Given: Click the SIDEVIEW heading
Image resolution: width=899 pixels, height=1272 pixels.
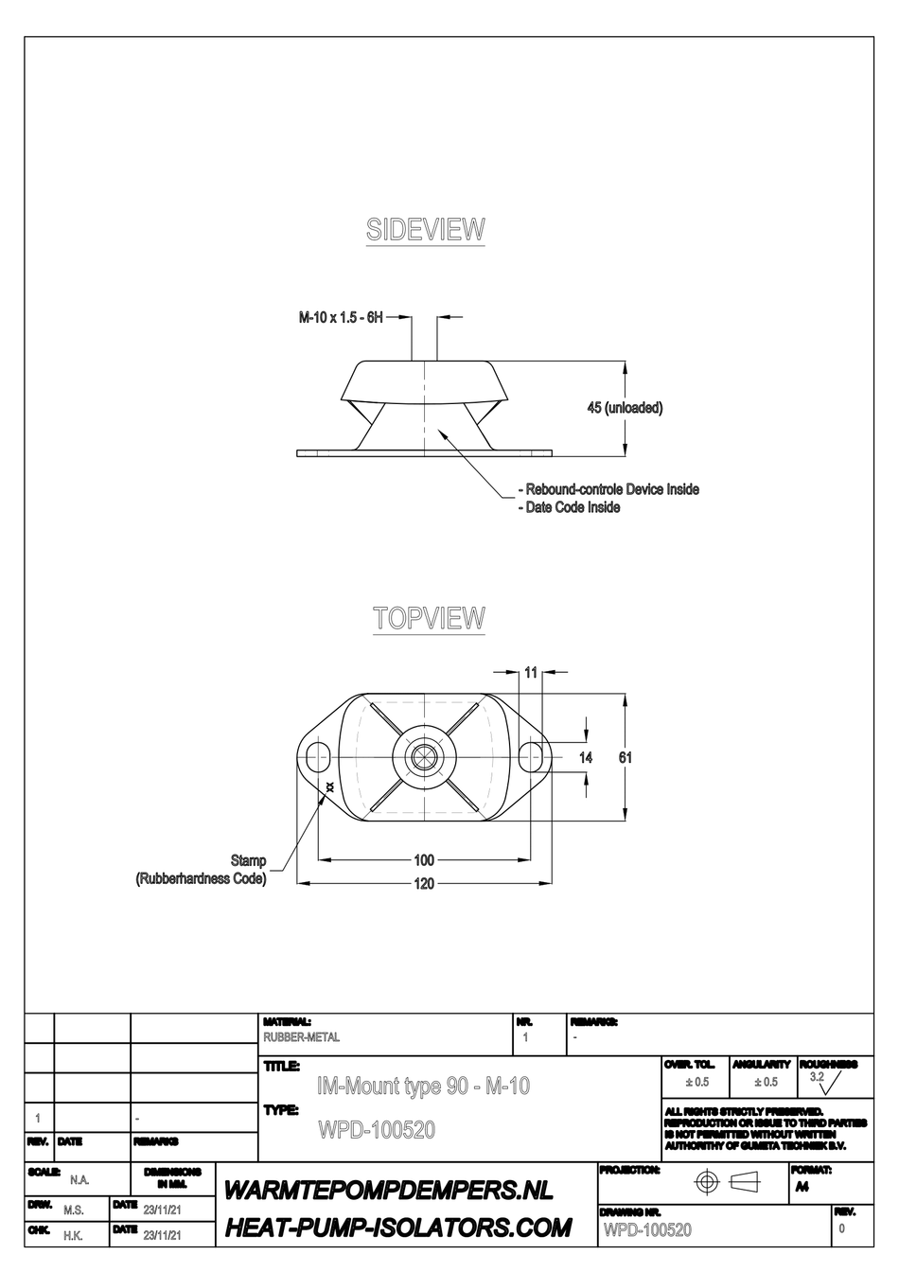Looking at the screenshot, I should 425,230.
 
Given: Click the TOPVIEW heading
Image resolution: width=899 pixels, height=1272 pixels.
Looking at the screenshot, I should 429,619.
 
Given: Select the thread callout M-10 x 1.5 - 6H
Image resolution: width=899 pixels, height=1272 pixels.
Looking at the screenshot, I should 342,318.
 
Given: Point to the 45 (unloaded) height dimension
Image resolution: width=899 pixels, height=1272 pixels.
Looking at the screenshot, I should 625,408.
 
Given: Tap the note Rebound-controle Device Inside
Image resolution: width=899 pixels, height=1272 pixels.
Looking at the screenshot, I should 611,489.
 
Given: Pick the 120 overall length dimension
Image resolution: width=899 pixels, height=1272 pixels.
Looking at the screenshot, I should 424,883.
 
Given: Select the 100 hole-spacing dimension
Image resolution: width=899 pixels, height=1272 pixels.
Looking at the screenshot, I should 424,860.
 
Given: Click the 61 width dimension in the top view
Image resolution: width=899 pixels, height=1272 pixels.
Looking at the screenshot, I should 626,757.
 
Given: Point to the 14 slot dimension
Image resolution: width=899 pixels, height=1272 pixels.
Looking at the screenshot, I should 587,757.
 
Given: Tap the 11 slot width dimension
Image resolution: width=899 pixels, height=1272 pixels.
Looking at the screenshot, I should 531,672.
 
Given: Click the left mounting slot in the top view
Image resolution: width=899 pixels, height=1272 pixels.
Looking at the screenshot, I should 316,757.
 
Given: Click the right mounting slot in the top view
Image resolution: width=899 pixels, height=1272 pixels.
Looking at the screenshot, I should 533,757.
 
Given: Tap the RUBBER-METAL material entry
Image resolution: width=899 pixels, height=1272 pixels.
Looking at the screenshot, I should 301,1037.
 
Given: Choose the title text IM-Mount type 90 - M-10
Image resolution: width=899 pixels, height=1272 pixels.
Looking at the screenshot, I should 423,1086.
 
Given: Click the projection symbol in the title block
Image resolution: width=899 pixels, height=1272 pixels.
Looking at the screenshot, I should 728,1182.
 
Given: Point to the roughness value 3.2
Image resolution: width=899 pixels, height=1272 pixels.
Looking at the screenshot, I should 817,1077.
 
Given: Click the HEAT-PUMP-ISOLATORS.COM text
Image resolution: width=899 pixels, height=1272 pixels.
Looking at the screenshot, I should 397,1228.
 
